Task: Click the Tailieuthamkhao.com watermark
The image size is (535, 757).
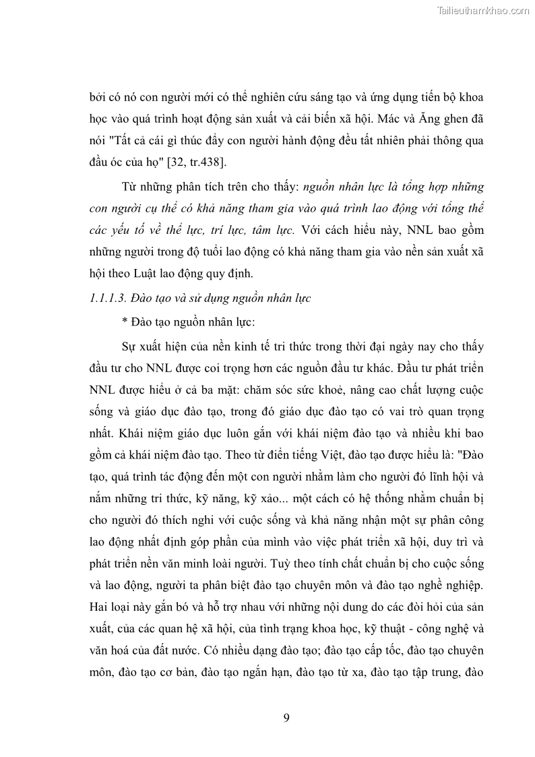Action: pos(484,10)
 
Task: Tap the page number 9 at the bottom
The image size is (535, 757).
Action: pos(286,717)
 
